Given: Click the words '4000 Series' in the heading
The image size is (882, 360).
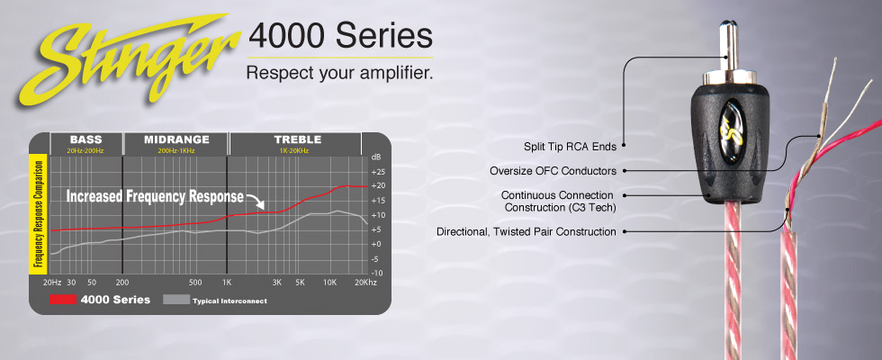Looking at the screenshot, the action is [x=340, y=36].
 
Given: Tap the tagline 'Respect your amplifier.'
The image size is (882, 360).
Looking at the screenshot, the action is [x=340, y=73].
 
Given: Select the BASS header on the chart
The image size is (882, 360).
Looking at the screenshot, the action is [x=85, y=139].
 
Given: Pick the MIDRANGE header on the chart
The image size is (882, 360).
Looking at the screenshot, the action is [x=176, y=139].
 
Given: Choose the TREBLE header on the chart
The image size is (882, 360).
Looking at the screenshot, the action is [x=298, y=139].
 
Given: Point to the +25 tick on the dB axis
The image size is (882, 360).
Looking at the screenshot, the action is [x=377, y=171].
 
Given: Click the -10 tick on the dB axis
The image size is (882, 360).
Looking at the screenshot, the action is [x=377, y=273].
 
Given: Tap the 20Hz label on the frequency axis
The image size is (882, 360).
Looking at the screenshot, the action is [x=52, y=283].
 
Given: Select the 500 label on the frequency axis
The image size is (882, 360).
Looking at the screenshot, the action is [x=194, y=283].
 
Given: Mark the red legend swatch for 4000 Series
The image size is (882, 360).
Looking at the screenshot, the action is [x=62, y=300].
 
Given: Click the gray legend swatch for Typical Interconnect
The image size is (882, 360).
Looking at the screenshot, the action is [x=176, y=300].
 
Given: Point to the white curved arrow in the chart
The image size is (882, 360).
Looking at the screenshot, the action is [x=256, y=200].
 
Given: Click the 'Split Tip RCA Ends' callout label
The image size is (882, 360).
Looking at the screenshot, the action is [x=570, y=147].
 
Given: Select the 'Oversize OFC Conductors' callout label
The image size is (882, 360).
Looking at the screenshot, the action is [x=553, y=170].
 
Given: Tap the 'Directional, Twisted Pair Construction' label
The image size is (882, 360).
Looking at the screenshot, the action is [x=526, y=232].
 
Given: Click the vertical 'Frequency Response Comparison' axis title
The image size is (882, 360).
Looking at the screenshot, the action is [x=38, y=214].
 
